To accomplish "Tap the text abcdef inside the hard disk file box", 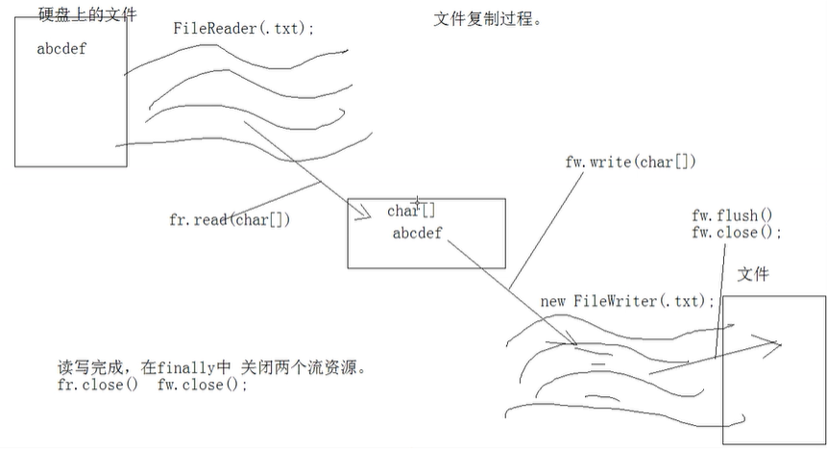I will pyautogui.click(x=61, y=48).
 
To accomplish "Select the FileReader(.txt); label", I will pyautogui.click(x=244, y=28).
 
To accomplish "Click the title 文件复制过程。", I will pyautogui.click(x=487, y=20).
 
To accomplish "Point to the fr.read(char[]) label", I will pyautogui.click(x=230, y=219).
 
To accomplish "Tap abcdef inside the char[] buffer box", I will pyautogui.click(x=417, y=233).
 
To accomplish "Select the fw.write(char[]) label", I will pyautogui.click(x=630, y=162).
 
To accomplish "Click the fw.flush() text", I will pyautogui.click(x=732, y=214).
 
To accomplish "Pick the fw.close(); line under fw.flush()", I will pyautogui.click(x=736, y=233).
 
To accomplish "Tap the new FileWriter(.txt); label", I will pyautogui.click(x=627, y=301).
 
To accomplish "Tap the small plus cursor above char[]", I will pyautogui.click(x=417, y=203).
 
